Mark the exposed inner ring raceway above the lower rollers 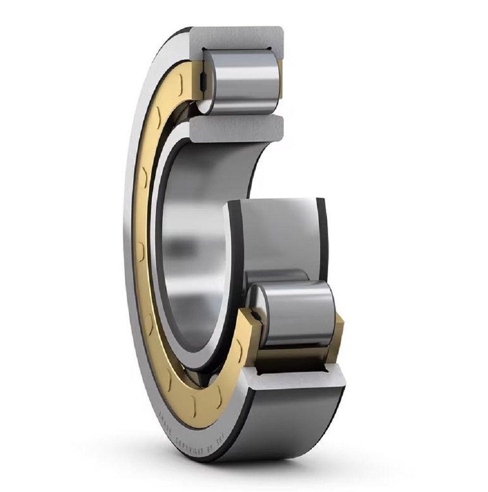tap(276, 231)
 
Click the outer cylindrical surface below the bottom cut tap(295, 423)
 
